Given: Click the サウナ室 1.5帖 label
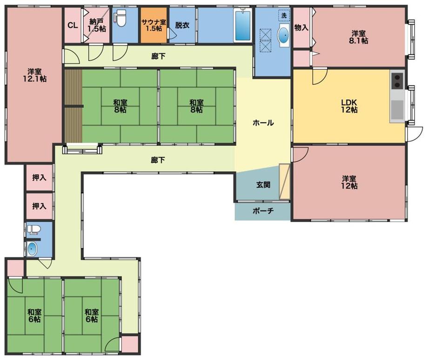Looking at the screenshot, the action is [x=154, y=25].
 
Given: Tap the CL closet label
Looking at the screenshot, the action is [x=73, y=26].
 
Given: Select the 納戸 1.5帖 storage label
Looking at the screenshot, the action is [x=97, y=25].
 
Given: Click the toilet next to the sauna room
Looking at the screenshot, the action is [x=120, y=18].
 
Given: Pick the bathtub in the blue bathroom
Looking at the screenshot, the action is [x=242, y=25].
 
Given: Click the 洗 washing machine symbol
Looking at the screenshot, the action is [x=284, y=15].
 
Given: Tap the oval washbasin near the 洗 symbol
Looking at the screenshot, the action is [x=284, y=35].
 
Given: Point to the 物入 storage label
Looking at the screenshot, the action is [x=301, y=27].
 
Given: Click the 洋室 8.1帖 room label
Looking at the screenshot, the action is [x=358, y=37].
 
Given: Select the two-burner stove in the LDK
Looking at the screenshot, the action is [x=397, y=81].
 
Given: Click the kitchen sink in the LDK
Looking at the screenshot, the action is [x=397, y=110].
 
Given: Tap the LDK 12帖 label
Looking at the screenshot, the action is [x=349, y=106].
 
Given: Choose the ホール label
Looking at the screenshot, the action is [x=263, y=123].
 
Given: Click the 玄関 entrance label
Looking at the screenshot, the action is [x=263, y=185].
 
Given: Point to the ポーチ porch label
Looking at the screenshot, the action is [x=263, y=211].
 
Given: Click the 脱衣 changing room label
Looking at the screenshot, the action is [x=182, y=25].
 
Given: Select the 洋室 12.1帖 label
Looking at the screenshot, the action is [x=34, y=75].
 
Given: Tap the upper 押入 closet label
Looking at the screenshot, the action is [x=39, y=178].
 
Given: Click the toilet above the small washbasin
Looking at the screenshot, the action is [x=34, y=230].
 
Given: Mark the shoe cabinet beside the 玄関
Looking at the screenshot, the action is [x=284, y=182].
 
